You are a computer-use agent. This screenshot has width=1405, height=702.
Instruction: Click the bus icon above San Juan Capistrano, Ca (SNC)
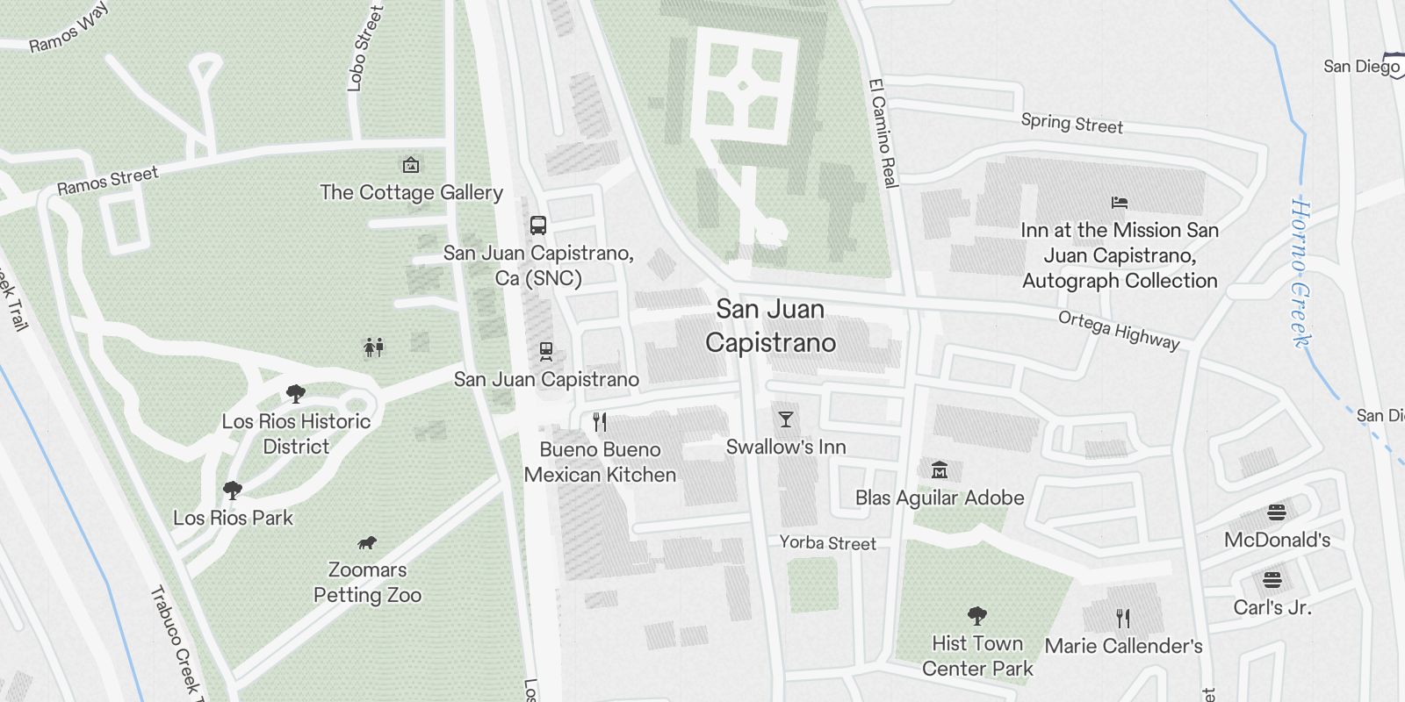click(538, 226)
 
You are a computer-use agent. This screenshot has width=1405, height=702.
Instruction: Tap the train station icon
click(546, 352)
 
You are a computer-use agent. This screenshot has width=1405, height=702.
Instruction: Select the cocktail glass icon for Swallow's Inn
click(785, 419)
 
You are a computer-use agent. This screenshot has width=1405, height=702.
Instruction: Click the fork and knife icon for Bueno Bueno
click(600, 422)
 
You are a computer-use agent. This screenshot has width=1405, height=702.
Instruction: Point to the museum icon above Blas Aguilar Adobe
click(939, 469)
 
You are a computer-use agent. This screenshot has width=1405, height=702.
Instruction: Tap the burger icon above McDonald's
click(1277, 512)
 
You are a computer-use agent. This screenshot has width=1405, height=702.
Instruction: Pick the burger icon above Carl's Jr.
click(1272, 580)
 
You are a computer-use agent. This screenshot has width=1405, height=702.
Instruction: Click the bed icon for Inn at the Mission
click(1119, 203)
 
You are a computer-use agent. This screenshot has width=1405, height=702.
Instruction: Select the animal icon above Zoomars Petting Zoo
click(367, 543)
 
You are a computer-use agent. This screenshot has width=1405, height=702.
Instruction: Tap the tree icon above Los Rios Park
click(233, 490)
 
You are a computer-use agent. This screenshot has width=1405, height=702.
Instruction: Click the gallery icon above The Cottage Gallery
click(410, 165)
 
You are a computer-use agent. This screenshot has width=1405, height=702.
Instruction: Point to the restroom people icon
click(374, 348)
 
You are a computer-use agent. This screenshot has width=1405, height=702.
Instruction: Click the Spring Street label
click(1071, 123)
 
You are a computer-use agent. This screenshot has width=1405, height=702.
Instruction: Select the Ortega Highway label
click(1118, 330)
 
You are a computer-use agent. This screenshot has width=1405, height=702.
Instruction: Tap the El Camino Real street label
click(883, 133)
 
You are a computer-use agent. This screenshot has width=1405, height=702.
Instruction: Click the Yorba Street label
click(827, 543)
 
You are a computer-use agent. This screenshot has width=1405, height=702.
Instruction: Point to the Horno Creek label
click(1301, 272)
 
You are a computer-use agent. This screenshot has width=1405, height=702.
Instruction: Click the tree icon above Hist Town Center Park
click(976, 616)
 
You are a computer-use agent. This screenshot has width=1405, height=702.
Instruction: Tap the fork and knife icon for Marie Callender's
click(1122, 619)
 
